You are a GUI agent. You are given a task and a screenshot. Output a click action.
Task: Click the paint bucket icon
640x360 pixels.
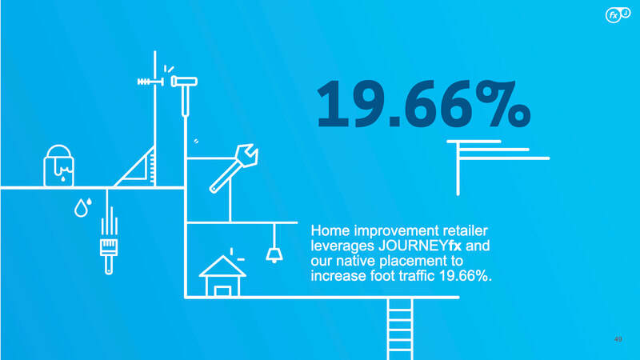click(58, 166)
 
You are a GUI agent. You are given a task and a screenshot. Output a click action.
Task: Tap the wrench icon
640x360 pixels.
click(233, 169)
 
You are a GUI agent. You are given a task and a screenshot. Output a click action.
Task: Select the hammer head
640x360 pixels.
click(184, 82)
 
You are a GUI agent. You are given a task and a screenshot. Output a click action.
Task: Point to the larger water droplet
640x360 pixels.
click(81, 208)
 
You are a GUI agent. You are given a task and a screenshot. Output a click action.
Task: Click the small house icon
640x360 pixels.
click(222, 276)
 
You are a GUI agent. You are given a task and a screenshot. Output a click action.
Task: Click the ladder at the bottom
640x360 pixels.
click(400, 329)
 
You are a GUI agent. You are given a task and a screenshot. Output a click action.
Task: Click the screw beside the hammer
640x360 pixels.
click(150, 82)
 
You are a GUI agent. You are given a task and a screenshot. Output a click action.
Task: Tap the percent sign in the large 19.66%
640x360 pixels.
click(503, 104)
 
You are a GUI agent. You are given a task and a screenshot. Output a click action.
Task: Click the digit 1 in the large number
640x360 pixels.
click(333, 104)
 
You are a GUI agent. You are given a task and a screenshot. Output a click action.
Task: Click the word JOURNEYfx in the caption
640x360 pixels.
click(419, 246)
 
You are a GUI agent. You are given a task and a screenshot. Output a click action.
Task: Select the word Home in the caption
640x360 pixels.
click(330, 230)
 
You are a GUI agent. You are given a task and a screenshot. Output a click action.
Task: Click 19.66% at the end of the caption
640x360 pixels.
click(466, 276)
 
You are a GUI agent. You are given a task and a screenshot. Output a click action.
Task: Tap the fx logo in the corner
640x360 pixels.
click(618, 14)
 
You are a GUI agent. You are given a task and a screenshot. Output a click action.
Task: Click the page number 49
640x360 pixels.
click(618, 339)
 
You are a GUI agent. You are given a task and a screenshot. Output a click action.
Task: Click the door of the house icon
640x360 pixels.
click(222, 291)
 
